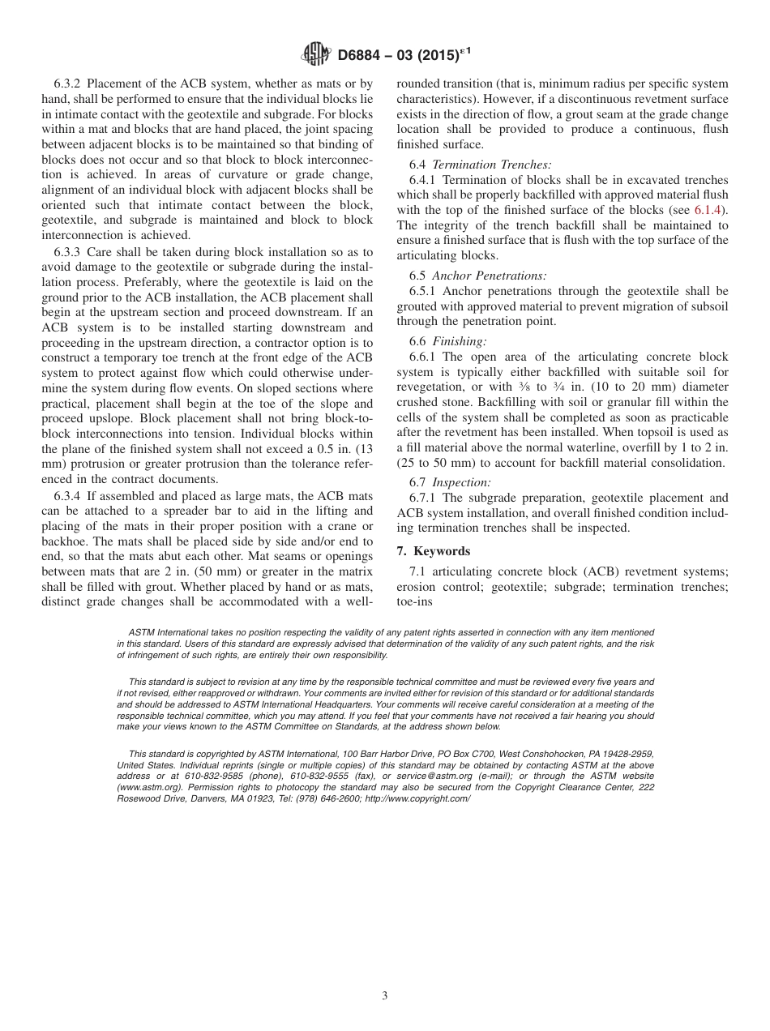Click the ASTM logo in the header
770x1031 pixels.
315,54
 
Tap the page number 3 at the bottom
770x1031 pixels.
385,996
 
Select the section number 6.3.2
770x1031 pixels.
70,83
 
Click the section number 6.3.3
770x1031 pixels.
70,252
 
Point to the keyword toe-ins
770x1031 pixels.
414,601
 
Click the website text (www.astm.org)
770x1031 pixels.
148,787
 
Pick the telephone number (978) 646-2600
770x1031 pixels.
327,798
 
